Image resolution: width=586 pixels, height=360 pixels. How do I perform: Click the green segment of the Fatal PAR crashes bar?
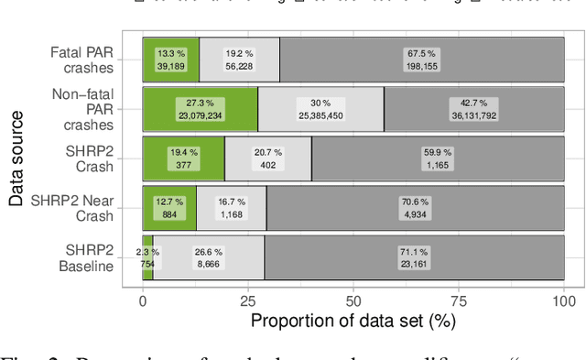pos(170,60)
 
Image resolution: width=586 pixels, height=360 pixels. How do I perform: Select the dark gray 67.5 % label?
pos(422,60)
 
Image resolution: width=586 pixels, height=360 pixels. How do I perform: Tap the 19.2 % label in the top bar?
pos(239,60)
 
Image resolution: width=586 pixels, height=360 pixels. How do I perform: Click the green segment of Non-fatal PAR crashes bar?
pos(201,110)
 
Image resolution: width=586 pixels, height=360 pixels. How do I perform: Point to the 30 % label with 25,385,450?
pos(320,110)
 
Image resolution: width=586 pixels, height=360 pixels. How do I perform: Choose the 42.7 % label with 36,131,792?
pos(474,110)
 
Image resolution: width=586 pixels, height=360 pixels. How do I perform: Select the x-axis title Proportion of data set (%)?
pos(353,321)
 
